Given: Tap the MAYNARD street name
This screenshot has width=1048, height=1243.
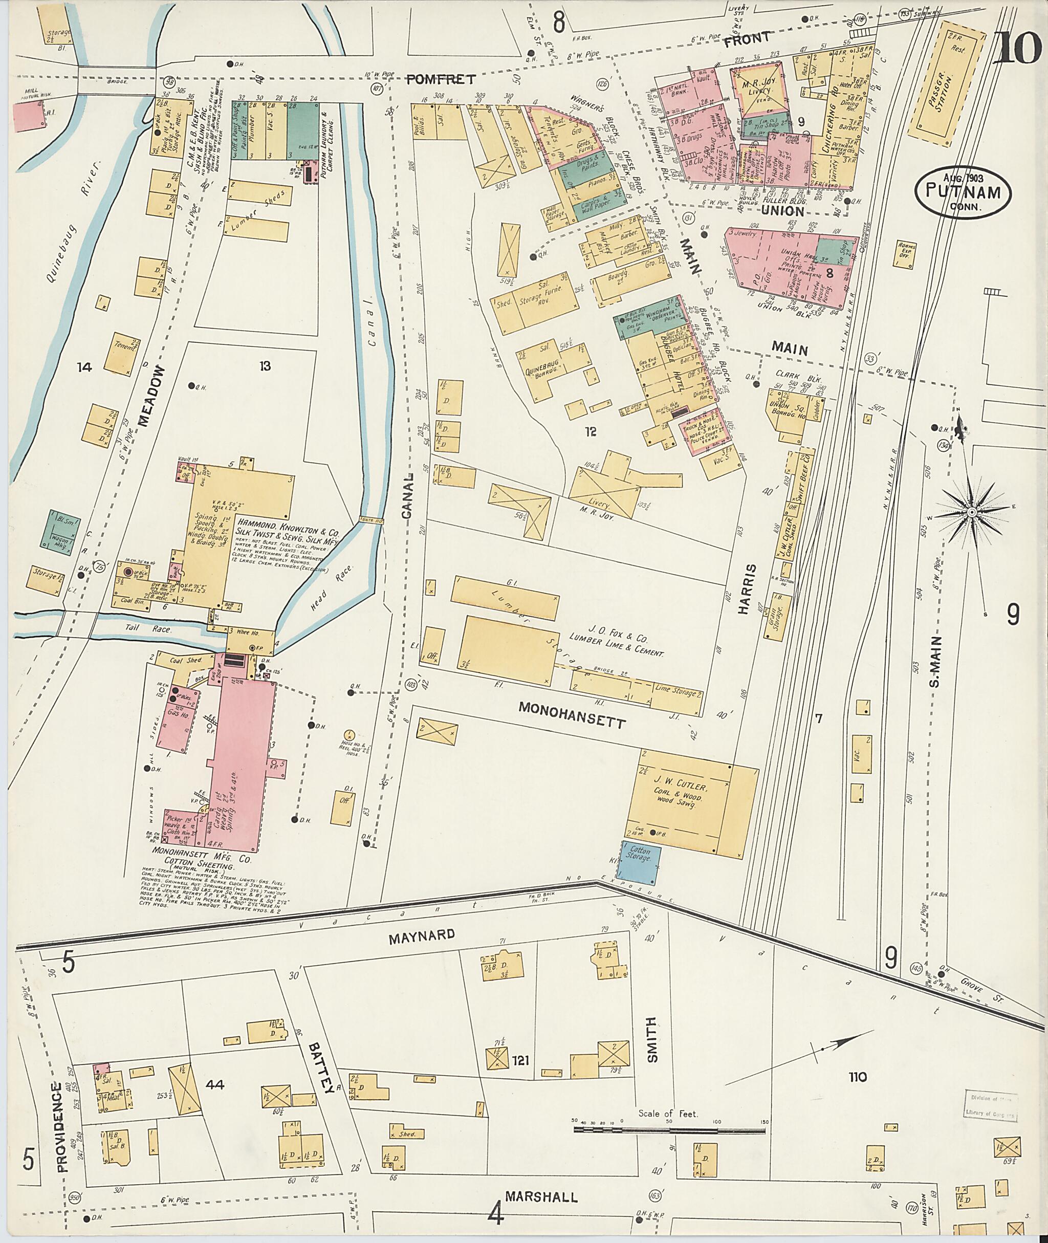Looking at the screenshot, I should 422,935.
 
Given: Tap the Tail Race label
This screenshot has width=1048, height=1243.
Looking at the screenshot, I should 156,628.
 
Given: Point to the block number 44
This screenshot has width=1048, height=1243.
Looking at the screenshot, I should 214,1085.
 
